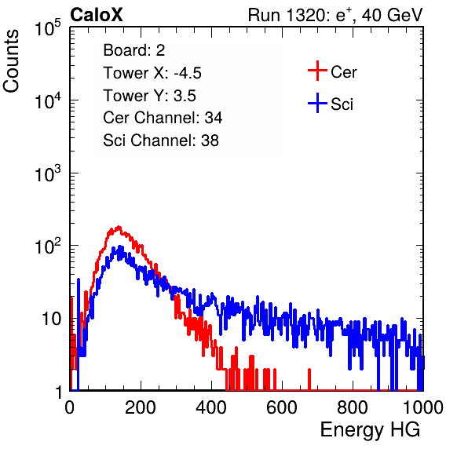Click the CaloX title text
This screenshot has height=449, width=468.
pyautogui.click(x=97, y=15)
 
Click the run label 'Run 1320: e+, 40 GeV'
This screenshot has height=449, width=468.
pyautogui.click(x=335, y=15)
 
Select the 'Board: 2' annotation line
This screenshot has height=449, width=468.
pyautogui.click(x=133, y=50)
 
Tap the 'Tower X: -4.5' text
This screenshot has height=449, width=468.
pyautogui.click(x=152, y=73)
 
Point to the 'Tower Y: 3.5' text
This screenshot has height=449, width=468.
pyautogui.click(x=149, y=96)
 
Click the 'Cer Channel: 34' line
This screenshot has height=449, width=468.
pyautogui.click(x=163, y=118)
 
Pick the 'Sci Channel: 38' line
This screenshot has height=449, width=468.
pyautogui.click(x=161, y=141)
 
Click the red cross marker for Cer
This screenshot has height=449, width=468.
pyautogui.click(x=317, y=71)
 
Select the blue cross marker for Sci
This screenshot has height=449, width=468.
pyautogui.click(x=317, y=103)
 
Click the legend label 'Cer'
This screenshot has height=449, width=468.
pyautogui.click(x=343, y=72)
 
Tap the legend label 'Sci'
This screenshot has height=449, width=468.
pyautogui.click(x=342, y=104)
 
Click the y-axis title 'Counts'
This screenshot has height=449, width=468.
pyautogui.click(x=11, y=61)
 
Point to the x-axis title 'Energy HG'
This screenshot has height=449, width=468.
pyautogui.click(x=370, y=430)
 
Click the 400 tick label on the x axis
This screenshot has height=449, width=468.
pyautogui.click(x=211, y=407)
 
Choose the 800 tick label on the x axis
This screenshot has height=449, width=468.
pyautogui.click(x=353, y=407)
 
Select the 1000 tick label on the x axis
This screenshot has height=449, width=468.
pyautogui.click(x=423, y=407)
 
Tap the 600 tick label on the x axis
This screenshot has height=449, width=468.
pyautogui.click(x=282, y=407)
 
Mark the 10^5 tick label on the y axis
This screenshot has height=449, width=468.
pyautogui.click(x=48, y=28)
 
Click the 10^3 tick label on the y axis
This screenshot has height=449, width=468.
pyautogui.click(x=48, y=174)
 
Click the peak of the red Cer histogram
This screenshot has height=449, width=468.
pyautogui.click(x=119, y=227)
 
